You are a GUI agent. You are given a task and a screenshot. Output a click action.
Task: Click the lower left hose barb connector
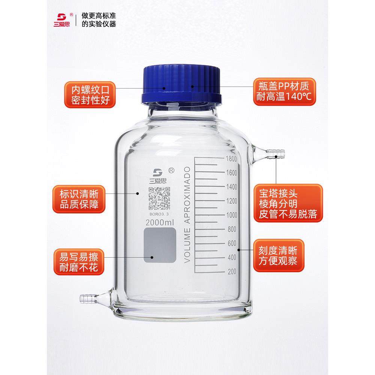tap(88, 299)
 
